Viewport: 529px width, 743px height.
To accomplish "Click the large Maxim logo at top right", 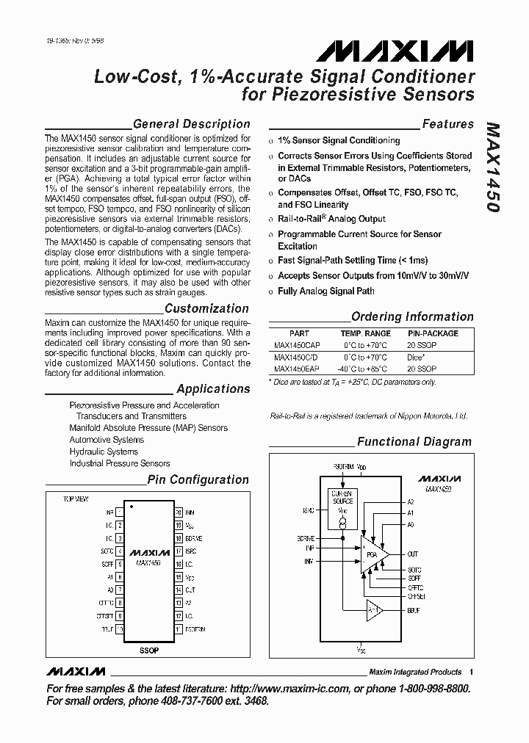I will coord(396,50).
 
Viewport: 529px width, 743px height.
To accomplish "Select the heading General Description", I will coord(191,124).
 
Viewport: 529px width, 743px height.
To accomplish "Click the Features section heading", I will coord(447,125).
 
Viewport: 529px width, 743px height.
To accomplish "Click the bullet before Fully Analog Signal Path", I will coord(271,291).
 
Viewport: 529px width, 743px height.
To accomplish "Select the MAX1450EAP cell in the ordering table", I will coord(297,369).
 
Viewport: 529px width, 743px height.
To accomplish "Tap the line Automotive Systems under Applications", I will coord(107,440).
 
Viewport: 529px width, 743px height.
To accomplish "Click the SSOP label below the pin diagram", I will coord(148,650).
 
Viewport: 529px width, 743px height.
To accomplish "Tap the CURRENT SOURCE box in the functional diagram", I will coord(342,498).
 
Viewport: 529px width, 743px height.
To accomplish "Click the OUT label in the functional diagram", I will coord(413,554).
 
